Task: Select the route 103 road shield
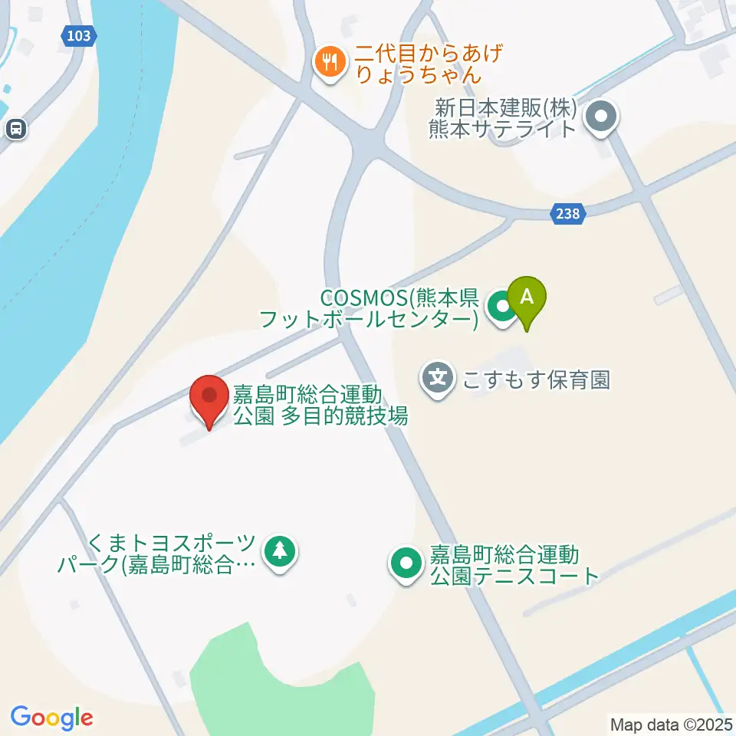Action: (78, 35)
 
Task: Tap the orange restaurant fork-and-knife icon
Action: (330, 62)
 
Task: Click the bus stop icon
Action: (15, 129)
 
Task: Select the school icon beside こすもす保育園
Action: (438, 378)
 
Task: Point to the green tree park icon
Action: (280, 550)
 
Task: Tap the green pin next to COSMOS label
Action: (501, 309)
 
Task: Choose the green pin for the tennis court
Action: (406, 564)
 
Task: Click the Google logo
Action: (51, 718)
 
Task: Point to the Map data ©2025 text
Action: (672, 724)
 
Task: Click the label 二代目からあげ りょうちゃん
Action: (418, 64)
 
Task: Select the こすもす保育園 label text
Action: (534, 379)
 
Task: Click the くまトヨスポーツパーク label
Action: (157, 555)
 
